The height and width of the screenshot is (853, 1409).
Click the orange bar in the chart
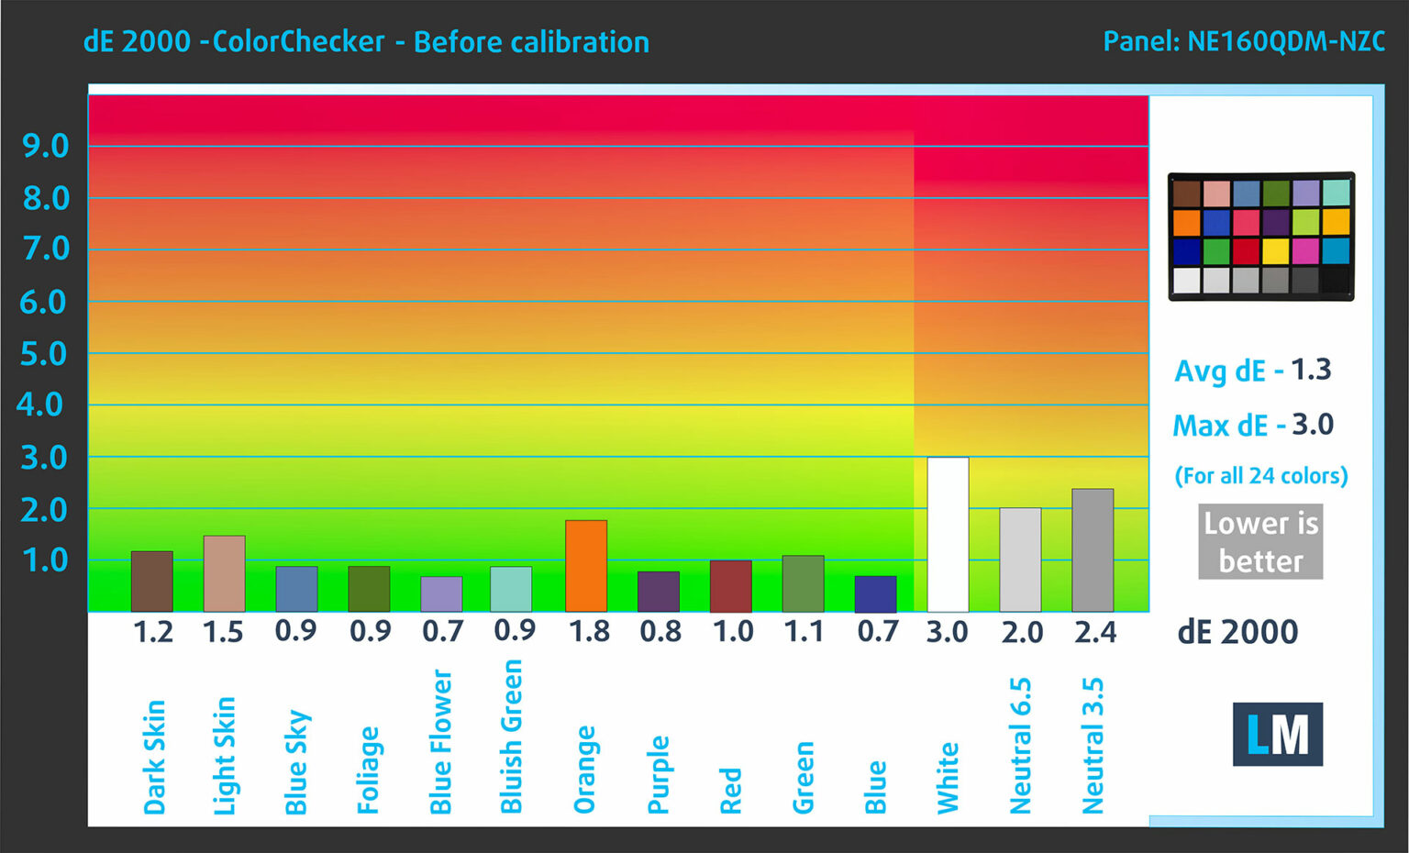pos(586,566)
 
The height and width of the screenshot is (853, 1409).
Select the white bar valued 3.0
pos(948,534)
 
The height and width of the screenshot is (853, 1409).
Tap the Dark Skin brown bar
pos(152,582)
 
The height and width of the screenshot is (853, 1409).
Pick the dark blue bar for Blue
pos(875,594)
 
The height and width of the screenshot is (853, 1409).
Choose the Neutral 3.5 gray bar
pos(1093,550)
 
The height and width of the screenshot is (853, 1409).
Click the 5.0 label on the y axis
pos(44,354)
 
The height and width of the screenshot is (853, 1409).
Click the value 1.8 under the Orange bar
pos(589,632)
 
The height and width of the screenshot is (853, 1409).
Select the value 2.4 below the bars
pos(1095,632)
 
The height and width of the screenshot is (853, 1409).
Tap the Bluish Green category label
pos(511,737)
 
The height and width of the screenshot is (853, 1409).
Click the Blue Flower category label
pos(441,742)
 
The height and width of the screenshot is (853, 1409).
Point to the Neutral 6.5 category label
pos(1020,746)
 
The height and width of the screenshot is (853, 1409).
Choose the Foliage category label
pos(369,770)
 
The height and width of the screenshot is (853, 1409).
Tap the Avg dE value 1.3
pos(1311,370)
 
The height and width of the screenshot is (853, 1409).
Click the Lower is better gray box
pos(1260,541)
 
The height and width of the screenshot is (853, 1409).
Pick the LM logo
pos(1277,734)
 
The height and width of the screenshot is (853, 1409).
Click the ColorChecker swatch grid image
pos(1260,237)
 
